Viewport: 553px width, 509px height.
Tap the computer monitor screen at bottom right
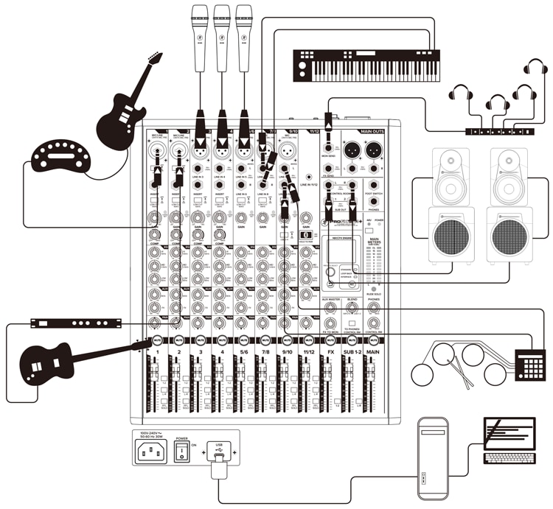(x=509, y=435)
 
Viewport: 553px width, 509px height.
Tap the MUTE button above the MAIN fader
(x=375, y=340)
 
